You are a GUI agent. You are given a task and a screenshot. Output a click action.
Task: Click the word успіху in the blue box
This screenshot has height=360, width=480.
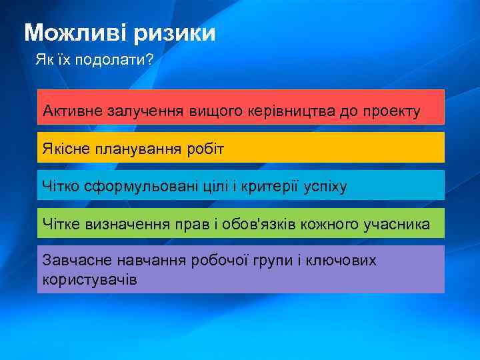coord(325,186)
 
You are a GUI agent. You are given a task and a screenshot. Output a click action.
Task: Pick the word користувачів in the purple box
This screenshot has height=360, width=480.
coord(89,279)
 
